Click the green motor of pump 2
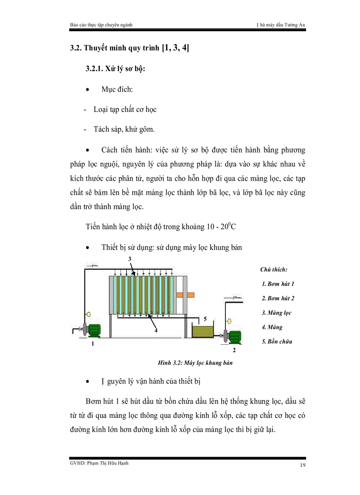(234, 336)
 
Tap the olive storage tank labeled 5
(202, 331)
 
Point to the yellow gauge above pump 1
(88, 314)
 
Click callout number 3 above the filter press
(130, 259)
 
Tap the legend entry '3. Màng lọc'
(277, 313)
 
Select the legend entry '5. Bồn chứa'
(277, 341)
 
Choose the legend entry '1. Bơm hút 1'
(278, 284)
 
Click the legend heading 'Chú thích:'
(274, 269)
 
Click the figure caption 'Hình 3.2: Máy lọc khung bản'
(195, 363)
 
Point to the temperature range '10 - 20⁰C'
(225, 227)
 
